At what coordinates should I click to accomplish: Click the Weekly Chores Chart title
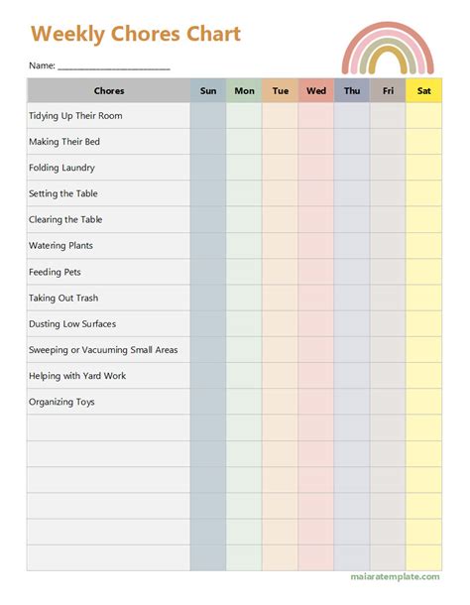click(x=136, y=35)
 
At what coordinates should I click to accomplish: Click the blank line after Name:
click(x=113, y=66)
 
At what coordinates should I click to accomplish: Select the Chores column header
click(x=109, y=91)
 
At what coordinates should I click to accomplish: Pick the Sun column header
click(x=208, y=91)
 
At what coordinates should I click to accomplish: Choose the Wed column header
click(x=316, y=91)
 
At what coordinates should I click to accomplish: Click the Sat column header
click(x=424, y=91)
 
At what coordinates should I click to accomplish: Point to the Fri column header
click(x=388, y=91)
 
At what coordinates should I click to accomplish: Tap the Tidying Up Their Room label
click(x=76, y=116)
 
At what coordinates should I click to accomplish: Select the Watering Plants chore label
click(x=61, y=246)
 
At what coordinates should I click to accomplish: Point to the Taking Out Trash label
click(x=64, y=298)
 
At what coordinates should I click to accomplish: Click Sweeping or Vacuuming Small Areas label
click(x=104, y=350)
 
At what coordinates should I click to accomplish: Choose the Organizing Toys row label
click(x=62, y=402)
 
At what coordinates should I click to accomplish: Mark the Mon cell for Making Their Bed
click(x=244, y=142)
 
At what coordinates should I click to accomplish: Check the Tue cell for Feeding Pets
click(x=281, y=272)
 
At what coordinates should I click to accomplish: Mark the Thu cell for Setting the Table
click(x=352, y=193)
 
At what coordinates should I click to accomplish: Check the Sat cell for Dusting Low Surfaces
click(x=424, y=323)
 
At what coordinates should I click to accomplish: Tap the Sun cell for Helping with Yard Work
click(x=208, y=376)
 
